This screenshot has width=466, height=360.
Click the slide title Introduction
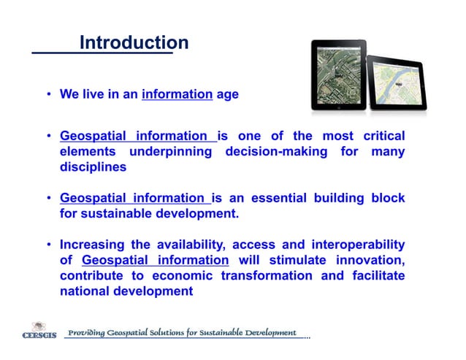point(134,43)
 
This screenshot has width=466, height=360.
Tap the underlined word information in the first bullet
point(177,95)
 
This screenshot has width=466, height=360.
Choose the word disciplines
point(93,167)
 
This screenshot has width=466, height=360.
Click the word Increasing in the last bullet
point(96,245)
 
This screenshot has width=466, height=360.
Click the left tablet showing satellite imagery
point(338,74)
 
